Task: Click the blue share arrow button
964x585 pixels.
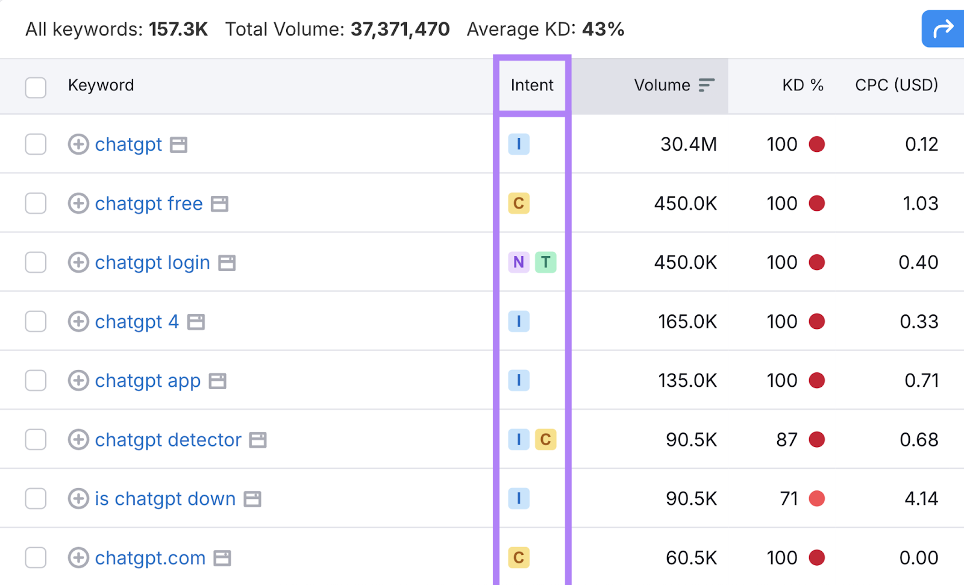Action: point(943,28)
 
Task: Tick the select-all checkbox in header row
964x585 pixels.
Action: point(36,87)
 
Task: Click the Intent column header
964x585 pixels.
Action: point(531,85)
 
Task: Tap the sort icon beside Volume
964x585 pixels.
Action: point(706,85)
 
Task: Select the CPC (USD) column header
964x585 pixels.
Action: point(896,85)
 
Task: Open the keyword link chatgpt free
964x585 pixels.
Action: point(148,204)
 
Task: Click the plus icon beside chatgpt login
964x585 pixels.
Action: point(78,263)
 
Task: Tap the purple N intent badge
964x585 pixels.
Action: point(518,262)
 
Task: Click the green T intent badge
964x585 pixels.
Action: point(545,262)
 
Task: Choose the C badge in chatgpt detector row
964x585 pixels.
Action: point(545,439)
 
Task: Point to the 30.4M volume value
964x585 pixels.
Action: point(688,145)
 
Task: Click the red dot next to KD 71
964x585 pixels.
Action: point(816,498)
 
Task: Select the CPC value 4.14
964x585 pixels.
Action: point(921,498)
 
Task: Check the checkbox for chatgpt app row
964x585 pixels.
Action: point(36,380)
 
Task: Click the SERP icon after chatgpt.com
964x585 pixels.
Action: point(222,558)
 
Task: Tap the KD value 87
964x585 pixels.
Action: point(786,439)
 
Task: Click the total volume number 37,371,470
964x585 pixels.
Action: point(400,29)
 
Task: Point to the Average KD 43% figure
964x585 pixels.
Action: point(602,29)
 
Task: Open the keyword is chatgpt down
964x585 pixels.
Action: point(164,499)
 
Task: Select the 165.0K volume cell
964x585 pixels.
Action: point(687,322)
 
